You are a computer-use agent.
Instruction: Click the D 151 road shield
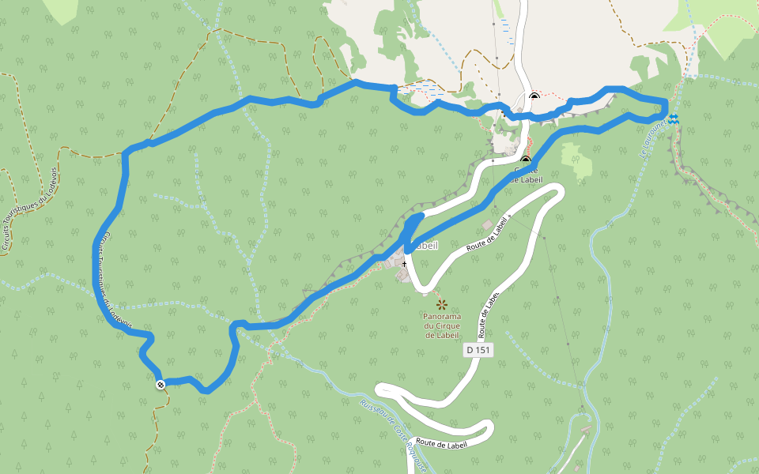click(479, 349)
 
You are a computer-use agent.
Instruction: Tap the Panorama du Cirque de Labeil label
click(441, 325)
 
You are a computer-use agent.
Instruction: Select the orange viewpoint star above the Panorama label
click(441, 304)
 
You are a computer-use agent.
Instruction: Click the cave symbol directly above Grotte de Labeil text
click(525, 161)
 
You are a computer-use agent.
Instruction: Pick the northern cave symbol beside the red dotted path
click(534, 97)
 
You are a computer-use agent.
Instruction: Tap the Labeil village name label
click(424, 245)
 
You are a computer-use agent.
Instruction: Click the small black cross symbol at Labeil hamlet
click(403, 263)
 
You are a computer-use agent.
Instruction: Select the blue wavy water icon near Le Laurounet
click(673, 118)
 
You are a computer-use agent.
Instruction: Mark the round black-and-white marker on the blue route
click(160, 385)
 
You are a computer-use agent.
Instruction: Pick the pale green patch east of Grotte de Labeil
click(576, 156)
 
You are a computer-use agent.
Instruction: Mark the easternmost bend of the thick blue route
click(666, 107)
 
